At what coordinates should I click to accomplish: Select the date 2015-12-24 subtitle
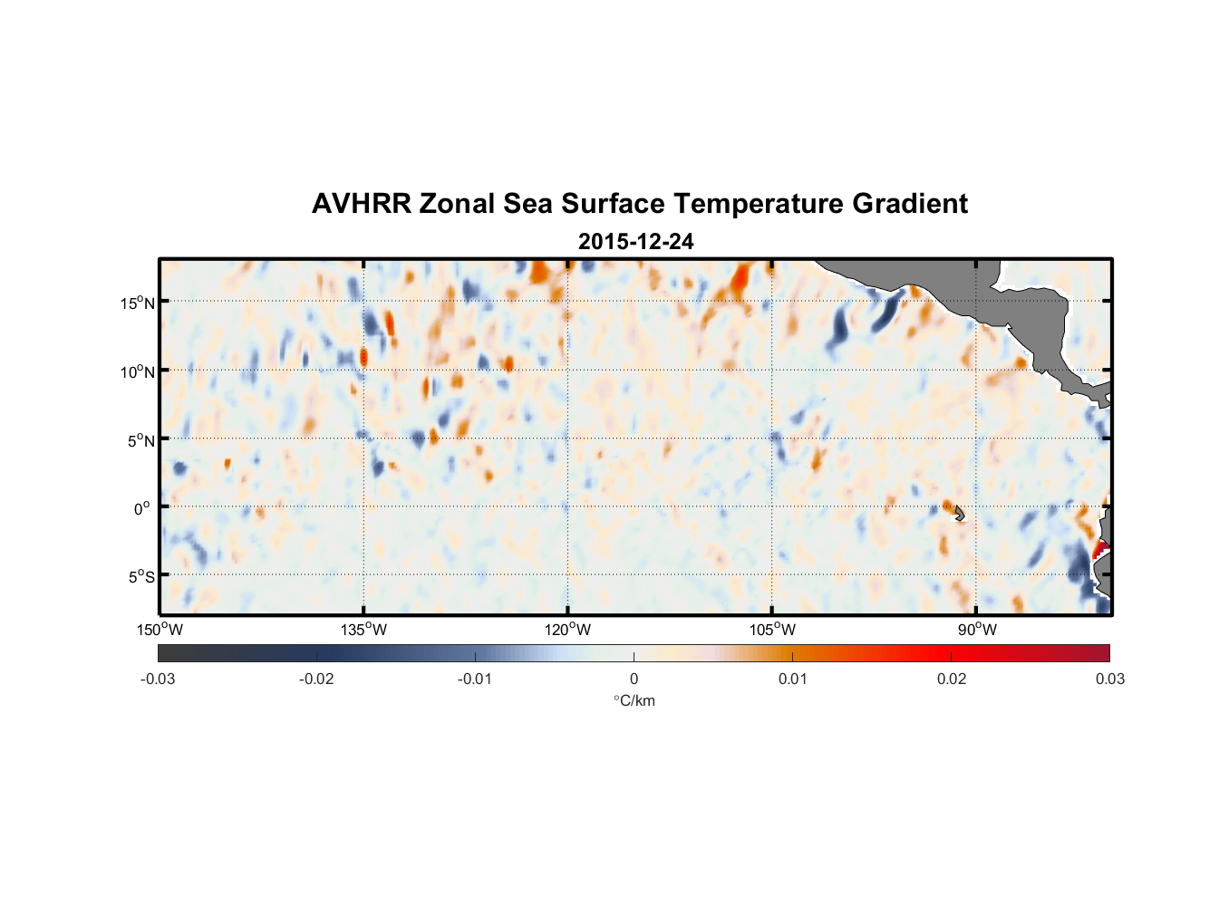click(x=635, y=242)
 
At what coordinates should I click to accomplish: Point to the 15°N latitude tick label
click(x=138, y=303)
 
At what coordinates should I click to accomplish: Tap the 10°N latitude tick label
click(x=138, y=371)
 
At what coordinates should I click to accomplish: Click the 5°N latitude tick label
click(x=140, y=440)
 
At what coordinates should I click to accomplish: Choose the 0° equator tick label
click(x=142, y=508)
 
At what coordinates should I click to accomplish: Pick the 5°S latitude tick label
click(x=140, y=576)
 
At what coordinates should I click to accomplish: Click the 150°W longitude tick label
click(x=160, y=630)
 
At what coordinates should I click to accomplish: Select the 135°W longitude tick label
click(x=363, y=630)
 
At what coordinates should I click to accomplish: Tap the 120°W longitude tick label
click(x=567, y=630)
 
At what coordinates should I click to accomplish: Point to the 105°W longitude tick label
click(x=772, y=630)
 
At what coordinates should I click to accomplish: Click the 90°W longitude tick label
click(x=976, y=630)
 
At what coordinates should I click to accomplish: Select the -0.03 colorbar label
click(x=158, y=679)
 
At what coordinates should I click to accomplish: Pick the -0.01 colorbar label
click(x=475, y=679)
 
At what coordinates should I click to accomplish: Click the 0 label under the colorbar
click(x=634, y=679)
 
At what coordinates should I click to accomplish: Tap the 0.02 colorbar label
click(x=952, y=679)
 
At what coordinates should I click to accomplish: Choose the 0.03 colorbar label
click(x=1109, y=679)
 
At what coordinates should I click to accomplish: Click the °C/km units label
click(x=634, y=700)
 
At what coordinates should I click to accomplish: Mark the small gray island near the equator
click(x=959, y=514)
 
